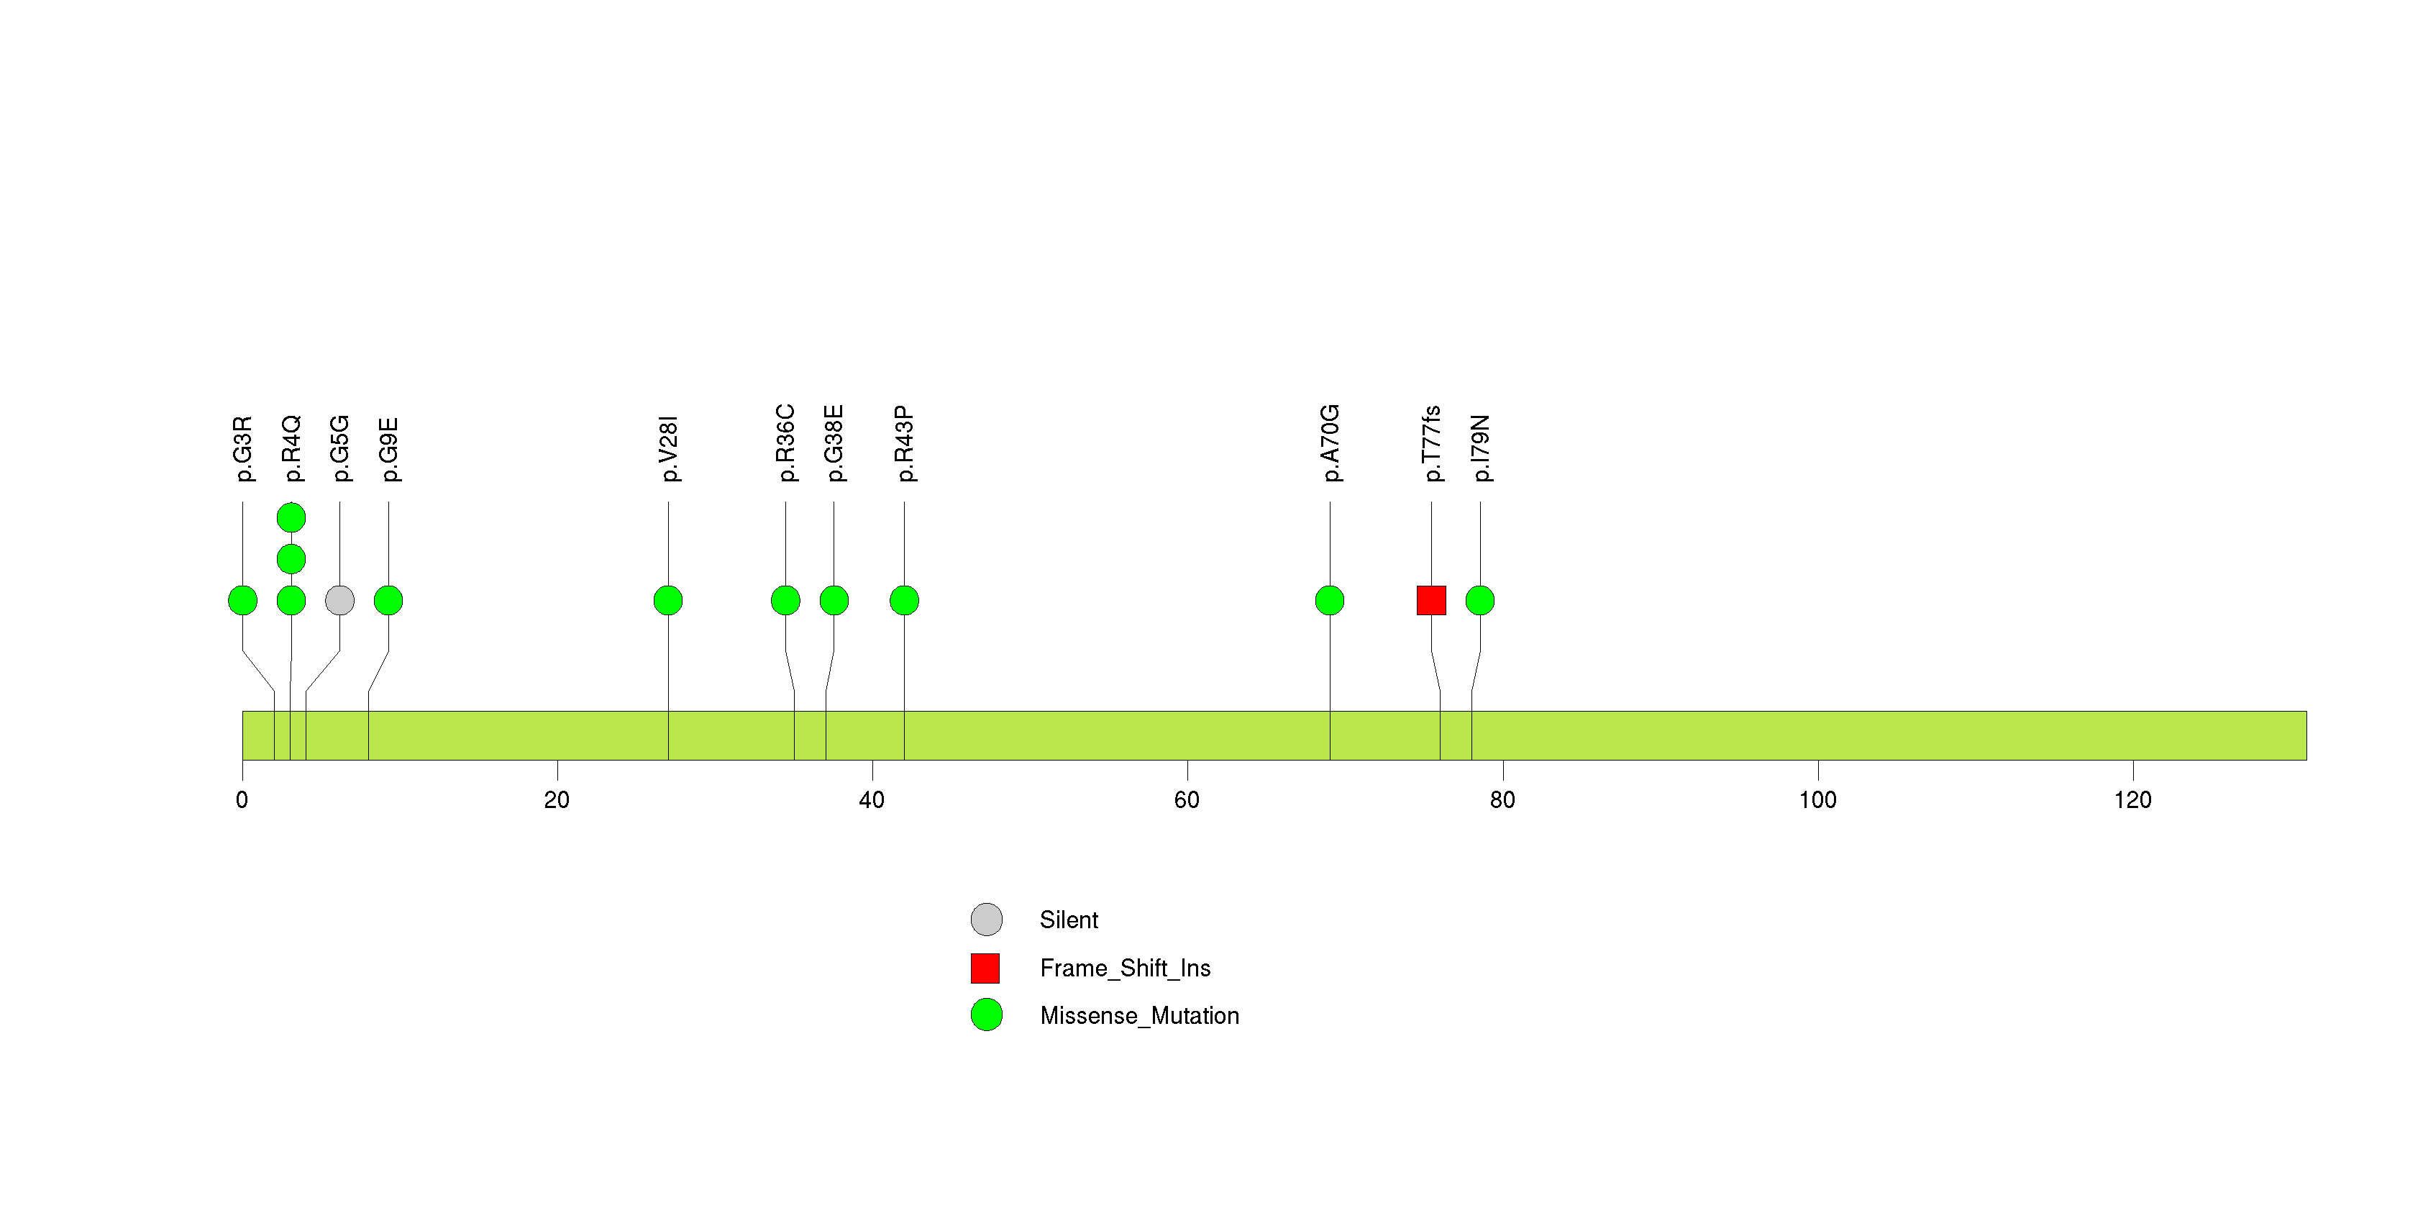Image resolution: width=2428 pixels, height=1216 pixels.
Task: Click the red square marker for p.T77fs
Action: point(1430,601)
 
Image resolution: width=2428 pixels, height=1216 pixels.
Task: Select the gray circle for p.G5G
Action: point(339,601)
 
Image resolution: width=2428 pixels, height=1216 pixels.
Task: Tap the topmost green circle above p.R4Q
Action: point(291,517)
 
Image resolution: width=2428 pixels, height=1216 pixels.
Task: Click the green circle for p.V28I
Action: point(668,601)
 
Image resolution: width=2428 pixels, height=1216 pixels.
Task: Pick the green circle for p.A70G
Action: point(1330,601)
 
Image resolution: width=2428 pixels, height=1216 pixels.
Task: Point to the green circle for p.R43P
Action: point(904,601)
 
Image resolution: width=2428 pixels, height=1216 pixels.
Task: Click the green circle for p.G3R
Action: point(242,601)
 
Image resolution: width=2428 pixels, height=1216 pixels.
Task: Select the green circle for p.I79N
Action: point(1480,601)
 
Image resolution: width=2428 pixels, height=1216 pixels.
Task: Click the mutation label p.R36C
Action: point(785,443)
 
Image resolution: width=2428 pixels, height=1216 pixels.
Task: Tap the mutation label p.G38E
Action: point(834,443)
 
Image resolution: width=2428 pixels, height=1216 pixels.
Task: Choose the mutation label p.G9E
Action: point(388,450)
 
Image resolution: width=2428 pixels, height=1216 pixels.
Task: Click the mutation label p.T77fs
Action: point(1430,443)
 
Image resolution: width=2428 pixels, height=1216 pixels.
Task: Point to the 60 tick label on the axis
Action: point(1187,800)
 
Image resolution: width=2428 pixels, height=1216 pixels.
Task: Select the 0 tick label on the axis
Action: point(242,800)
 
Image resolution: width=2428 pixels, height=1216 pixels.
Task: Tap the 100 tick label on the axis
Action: point(1817,800)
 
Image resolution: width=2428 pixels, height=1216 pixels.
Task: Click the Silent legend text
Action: point(1069,920)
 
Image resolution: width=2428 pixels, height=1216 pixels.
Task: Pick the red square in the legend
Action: point(985,968)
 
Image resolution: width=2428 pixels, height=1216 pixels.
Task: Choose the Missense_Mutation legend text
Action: point(1139,1016)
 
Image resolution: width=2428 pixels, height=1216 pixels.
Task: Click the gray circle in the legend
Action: point(986,920)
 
